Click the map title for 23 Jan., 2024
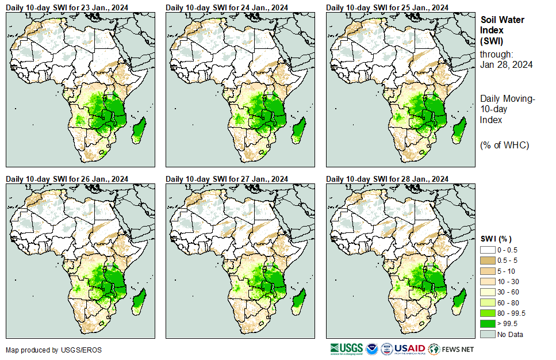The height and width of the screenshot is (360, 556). click(67, 7)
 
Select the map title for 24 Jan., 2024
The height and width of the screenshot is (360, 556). click(227, 7)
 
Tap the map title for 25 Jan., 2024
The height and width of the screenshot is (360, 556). click(387, 7)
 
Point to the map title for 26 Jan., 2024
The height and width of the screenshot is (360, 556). click(67, 179)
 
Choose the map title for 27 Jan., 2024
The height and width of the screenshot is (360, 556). click(227, 179)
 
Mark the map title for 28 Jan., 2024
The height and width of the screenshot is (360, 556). click(387, 179)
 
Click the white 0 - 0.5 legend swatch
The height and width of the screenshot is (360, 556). click(488, 250)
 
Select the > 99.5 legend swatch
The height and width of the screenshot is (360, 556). click(488, 324)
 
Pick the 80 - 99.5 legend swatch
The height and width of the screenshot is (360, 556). click(488, 313)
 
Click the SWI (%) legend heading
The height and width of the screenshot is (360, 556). click(496, 239)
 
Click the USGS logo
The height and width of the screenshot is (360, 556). click(346, 348)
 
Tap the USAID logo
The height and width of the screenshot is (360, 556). click(410, 348)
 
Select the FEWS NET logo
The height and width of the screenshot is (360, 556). click(451, 348)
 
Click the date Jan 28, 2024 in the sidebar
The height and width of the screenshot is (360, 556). click(506, 64)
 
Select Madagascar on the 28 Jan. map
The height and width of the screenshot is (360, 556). click(458, 301)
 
